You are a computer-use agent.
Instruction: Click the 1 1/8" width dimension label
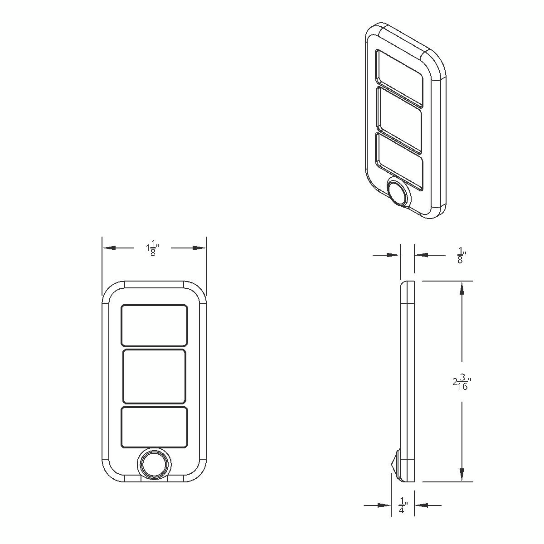click(x=154, y=249)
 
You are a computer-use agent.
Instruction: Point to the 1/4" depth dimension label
click(x=403, y=505)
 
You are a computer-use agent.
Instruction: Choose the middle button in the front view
click(x=154, y=376)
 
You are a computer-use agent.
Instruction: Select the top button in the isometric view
click(x=399, y=77)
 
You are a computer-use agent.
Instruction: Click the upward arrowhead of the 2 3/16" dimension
click(x=462, y=288)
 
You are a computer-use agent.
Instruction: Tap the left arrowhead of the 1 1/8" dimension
click(x=109, y=248)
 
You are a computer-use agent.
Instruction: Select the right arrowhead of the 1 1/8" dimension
click(x=199, y=248)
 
